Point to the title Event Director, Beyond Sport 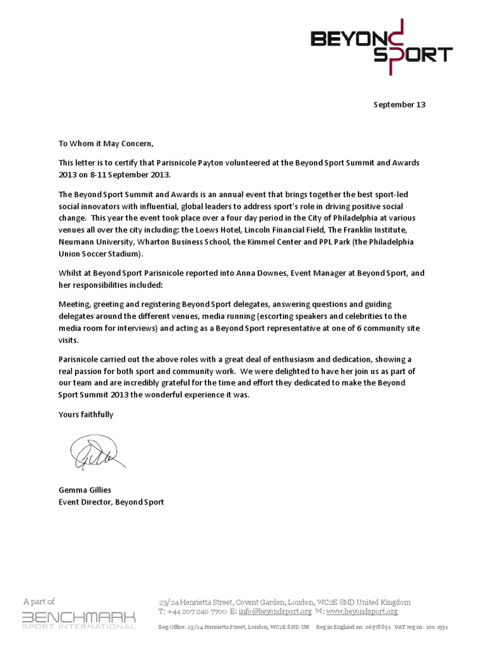(x=111, y=502)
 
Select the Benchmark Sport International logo (x=79, y=619)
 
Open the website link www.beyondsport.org (x=362, y=611)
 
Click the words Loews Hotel (x=204, y=230)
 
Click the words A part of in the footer (x=39, y=601)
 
